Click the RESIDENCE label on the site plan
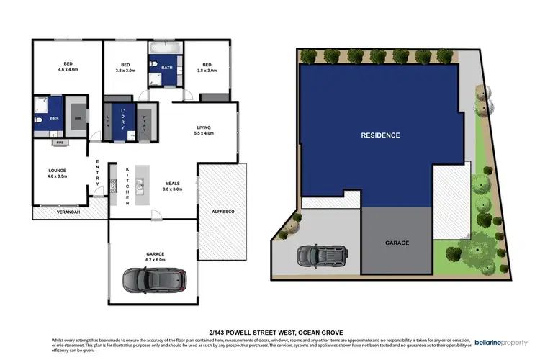[381, 135]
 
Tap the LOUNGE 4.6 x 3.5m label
[57, 174]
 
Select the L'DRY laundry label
[123, 119]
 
